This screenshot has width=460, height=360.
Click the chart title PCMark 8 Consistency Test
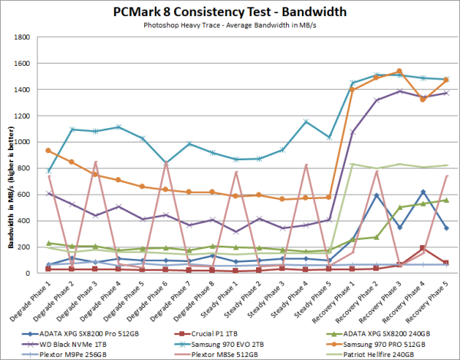pyautogui.click(x=229, y=12)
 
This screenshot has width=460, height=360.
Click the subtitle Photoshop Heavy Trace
pyautogui.click(x=229, y=26)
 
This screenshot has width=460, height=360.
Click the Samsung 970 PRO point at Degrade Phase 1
pyautogui.click(x=48, y=150)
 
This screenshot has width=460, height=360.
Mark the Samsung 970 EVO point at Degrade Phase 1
pyautogui.click(x=48, y=171)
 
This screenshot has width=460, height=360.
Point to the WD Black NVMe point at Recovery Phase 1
pyautogui.click(x=353, y=132)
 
